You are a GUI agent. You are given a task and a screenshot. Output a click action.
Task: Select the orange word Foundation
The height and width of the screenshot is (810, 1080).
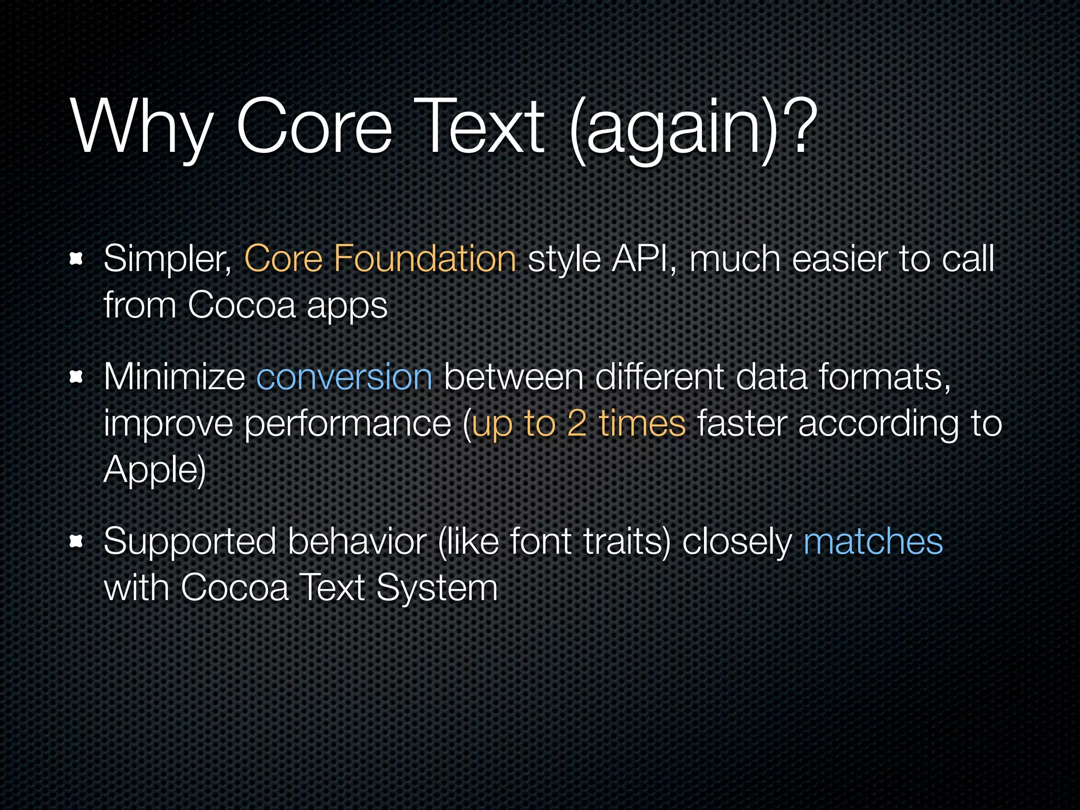point(425,259)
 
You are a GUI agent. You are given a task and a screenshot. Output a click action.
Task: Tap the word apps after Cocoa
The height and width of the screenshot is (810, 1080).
point(347,306)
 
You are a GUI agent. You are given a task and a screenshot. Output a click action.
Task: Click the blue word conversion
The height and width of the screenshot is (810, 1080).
point(344,377)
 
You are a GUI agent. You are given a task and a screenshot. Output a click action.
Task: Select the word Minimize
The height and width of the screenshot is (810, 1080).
point(175,377)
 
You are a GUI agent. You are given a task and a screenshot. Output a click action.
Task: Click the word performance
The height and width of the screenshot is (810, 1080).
point(348,425)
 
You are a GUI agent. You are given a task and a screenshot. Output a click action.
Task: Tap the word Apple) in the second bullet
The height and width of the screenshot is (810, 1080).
point(155,470)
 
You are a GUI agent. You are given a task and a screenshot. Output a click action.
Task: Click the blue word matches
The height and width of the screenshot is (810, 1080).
point(873,542)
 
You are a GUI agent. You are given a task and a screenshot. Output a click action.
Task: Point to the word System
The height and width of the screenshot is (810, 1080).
point(437,589)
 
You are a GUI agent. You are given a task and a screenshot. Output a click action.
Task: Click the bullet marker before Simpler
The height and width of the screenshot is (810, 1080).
point(77,259)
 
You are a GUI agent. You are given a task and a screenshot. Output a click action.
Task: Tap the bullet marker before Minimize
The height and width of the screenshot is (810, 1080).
point(77,377)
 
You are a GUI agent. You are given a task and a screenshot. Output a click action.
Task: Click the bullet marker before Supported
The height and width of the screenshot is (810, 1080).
point(77,541)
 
